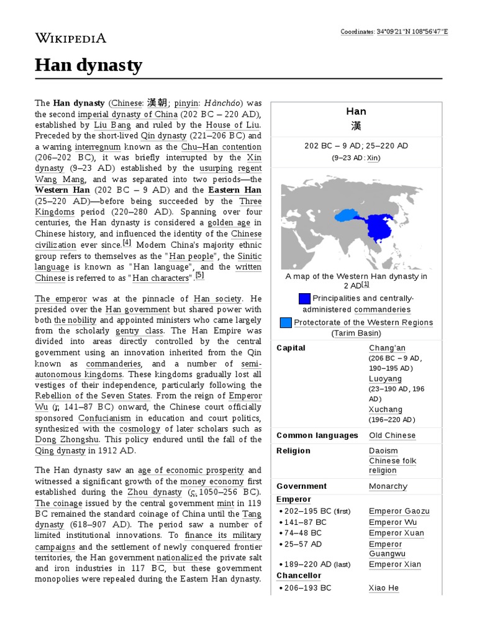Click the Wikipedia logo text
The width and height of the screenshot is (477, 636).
70,39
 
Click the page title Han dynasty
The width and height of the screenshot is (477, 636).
88,65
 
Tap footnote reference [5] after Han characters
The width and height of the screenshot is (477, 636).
199,276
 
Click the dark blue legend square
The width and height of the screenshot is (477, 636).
304,299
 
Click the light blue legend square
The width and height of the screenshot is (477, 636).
286,322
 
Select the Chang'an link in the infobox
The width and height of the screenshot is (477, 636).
388,348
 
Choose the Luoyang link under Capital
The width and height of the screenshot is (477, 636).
385,379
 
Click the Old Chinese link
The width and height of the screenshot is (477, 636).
392,435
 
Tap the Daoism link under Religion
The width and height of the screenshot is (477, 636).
383,451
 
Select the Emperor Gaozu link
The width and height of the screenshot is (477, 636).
399,511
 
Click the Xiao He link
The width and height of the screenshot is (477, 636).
383,588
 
